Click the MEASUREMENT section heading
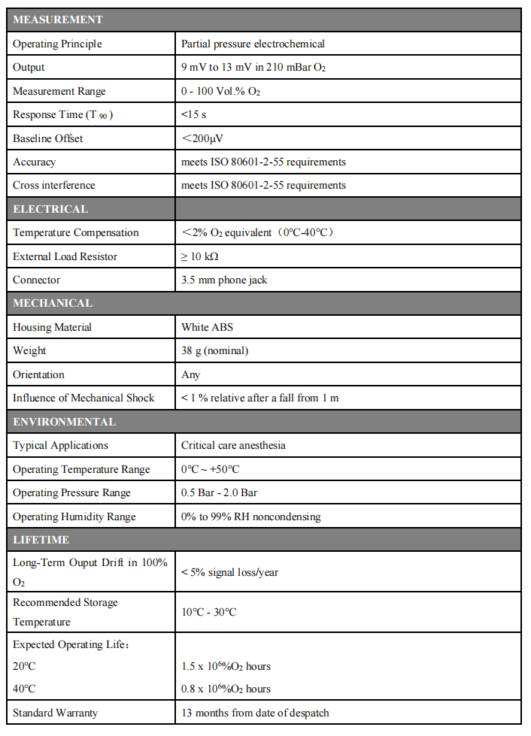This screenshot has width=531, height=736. point(58,20)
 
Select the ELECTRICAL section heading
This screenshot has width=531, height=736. point(50,209)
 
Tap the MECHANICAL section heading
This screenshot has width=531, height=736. point(53,303)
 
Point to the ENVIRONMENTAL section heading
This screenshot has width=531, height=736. point(64,422)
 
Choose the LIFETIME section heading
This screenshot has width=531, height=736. point(41,540)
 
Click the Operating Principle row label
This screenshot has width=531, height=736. point(57,44)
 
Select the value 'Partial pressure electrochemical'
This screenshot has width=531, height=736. point(253,44)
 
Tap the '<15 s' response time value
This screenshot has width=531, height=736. point(195,115)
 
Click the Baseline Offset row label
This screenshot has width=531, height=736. point(48,138)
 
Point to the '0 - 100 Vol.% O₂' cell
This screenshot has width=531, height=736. point(220,91)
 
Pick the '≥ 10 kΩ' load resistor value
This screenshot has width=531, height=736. point(199,256)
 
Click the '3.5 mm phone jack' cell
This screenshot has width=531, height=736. point(224,280)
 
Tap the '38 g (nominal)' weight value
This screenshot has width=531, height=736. point(214,350)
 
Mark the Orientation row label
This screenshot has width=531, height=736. point(38,374)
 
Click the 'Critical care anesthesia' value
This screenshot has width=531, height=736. point(233,445)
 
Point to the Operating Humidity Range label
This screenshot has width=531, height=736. point(74,516)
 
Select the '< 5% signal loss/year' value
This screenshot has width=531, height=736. point(229,572)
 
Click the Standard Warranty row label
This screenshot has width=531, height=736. point(55,713)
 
